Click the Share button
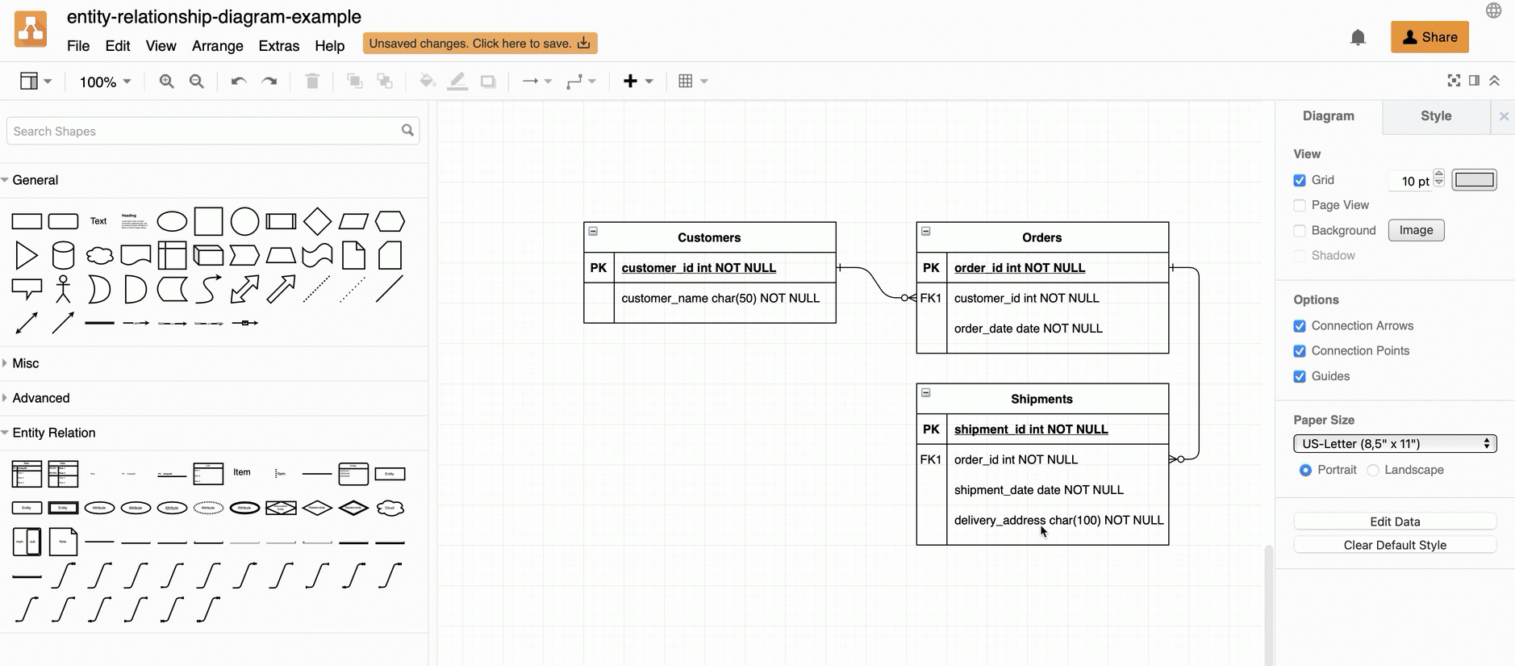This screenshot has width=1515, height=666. pyautogui.click(x=1429, y=37)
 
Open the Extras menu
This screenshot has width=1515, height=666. pyautogui.click(x=278, y=46)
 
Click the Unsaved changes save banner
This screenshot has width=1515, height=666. pyautogui.click(x=479, y=44)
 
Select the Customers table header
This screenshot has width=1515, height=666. pyautogui.click(x=709, y=237)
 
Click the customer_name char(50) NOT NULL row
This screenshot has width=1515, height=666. pyautogui.click(x=720, y=299)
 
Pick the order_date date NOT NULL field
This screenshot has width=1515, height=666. pyautogui.click(x=1028, y=329)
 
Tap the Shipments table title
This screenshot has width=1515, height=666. pyautogui.click(x=1041, y=399)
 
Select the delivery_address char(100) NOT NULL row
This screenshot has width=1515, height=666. pyautogui.click(x=1058, y=521)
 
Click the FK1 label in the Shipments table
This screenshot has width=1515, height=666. pyautogui.click(x=931, y=460)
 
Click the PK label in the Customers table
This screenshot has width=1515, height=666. pyautogui.click(x=599, y=268)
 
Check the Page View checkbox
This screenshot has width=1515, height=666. pyautogui.click(x=1300, y=206)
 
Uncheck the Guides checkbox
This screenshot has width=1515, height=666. pyautogui.click(x=1300, y=377)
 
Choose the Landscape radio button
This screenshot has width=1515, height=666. pyautogui.click(x=1373, y=471)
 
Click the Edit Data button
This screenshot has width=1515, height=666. pyautogui.click(x=1394, y=521)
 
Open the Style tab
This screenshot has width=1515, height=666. pyautogui.click(x=1435, y=116)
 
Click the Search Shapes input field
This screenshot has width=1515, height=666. pyautogui.click(x=206, y=132)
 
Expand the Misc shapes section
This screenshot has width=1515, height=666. pyautogui.click(x=25, y=363)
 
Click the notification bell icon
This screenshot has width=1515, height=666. pyautogui.click(x=1358, y=38)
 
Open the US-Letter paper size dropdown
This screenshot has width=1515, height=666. pyautogui.click(x=1394, y=444)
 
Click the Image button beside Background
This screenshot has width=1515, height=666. pyautogui.click(x=1416, y=231)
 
